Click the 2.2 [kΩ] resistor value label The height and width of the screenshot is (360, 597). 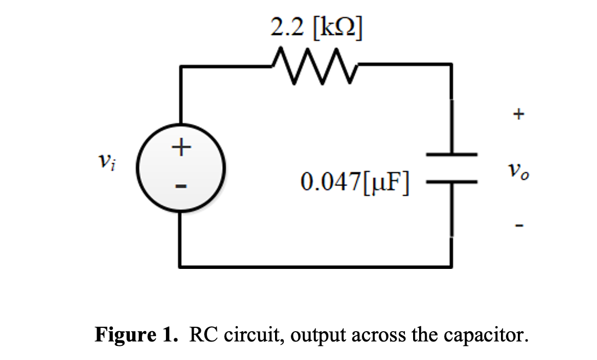pyautogui.click(x=315, y=27)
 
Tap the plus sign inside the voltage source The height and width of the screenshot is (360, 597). pyautogui.click(x=181, y=147)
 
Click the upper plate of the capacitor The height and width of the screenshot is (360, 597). pyautogui.click(x=451, y=155)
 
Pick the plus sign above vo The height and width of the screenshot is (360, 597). pyautogui.click(x=518, y=114)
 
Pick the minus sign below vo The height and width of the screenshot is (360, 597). pyautogui.click(x=519, y=224)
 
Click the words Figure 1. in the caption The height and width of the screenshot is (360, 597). pyautogui.click(x=136, y=334)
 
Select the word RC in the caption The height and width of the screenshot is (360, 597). pyautogui.click(x=200, y=334)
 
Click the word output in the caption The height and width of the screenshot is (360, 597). pyautogui.click(x=315, y=334)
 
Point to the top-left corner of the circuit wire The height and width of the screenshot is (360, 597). pyautogui.click(x=181, y=67)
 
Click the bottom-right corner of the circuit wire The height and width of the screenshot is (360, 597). pyautogui.click(x=451, y=267)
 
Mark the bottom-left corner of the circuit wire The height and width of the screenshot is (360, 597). pyautogui.click(x=181, y=267)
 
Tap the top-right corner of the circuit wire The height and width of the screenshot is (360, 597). pyautogui.click(x=451, y=65)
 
